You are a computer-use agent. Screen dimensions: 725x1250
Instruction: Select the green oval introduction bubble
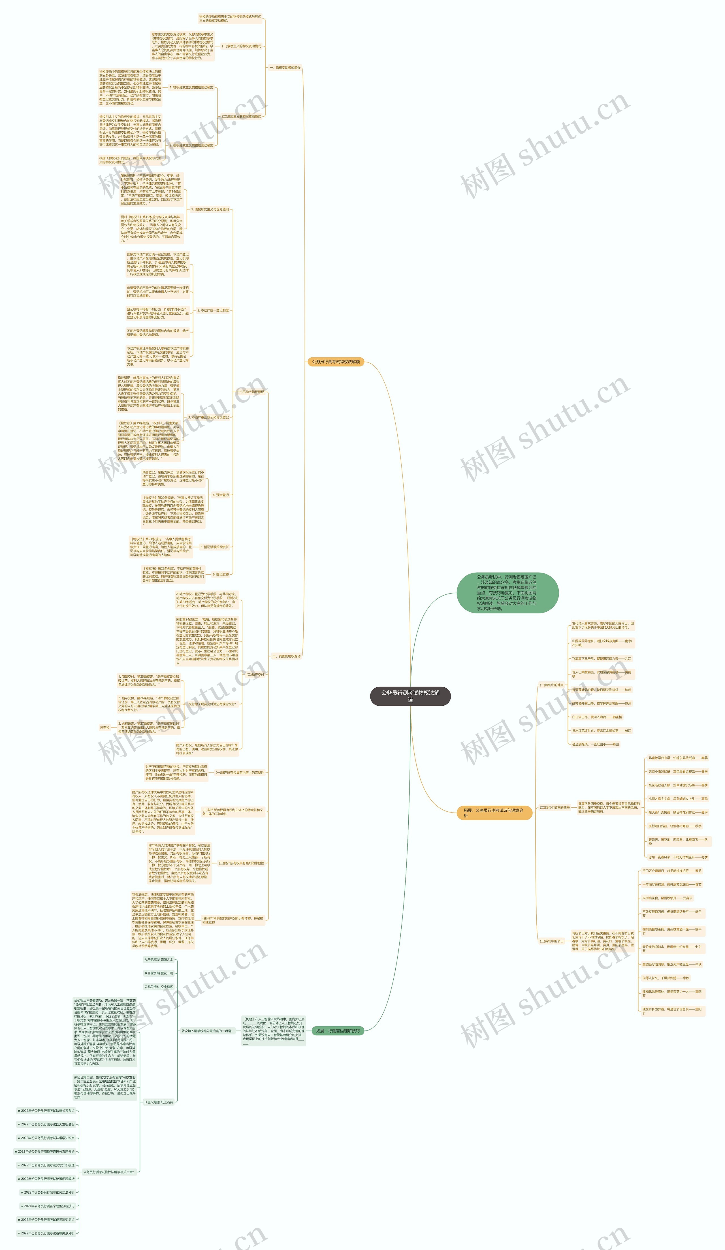507,593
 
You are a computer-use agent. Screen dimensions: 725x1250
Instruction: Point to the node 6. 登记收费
221,574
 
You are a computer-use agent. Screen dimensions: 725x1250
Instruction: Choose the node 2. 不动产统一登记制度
213,310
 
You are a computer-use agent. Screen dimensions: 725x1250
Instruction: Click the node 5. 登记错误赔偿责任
215,547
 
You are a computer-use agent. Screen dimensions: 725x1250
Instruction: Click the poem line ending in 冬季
678,857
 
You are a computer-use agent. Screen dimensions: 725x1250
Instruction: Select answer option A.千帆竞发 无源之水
159,960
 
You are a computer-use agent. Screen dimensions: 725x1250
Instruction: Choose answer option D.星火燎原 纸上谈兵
159,1102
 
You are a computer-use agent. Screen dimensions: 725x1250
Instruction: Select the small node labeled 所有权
105,728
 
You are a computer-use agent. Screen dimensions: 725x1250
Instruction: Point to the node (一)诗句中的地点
551,685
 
